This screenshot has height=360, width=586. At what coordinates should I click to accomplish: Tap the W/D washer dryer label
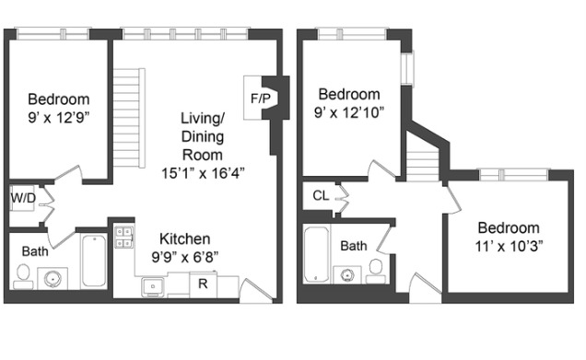(22, 198)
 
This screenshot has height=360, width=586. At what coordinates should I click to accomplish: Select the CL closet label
(321, 195)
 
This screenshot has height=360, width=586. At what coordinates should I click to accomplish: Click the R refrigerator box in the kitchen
(203, 285)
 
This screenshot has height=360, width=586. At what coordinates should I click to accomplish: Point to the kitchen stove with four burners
(123, 238)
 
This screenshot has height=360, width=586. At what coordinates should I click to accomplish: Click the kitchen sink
(154, 286)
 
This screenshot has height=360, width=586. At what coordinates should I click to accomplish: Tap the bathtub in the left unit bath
(94, 261)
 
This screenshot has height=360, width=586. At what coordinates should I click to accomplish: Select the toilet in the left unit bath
(23, 274)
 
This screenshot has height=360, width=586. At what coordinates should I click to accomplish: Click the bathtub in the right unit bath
(316, 255)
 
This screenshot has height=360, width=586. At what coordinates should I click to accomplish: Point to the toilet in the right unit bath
(375, 269)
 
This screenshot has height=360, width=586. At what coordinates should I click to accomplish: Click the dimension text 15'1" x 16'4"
(203, 172)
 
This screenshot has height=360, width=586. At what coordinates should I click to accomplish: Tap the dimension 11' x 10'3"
(508, 246)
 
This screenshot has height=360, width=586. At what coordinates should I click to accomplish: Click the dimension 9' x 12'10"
(349, 112)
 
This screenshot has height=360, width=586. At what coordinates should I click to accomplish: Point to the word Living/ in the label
(203, 119)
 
